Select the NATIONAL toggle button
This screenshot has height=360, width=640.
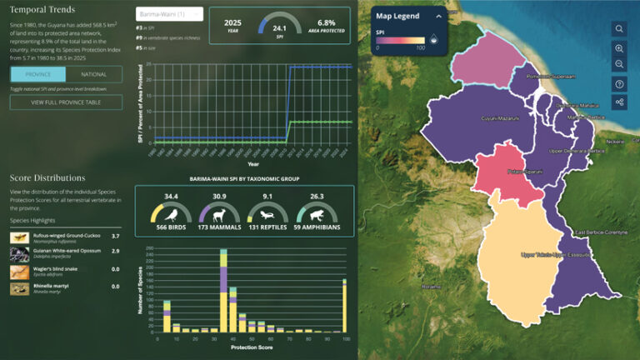click(x=94, y=74)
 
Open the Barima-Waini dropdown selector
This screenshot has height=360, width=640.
click(x=170, y=14)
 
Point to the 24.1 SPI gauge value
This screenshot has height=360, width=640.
click(x=281, y=27)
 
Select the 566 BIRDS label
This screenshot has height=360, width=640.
click(x=171, y=226)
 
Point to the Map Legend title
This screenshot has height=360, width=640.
click(x=397, y=16)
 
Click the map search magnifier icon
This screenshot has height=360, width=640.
click(x=619, y=29)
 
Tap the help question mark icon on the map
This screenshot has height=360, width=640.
click(x=619, y=84)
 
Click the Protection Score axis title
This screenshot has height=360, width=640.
click(x=250, y=347)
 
